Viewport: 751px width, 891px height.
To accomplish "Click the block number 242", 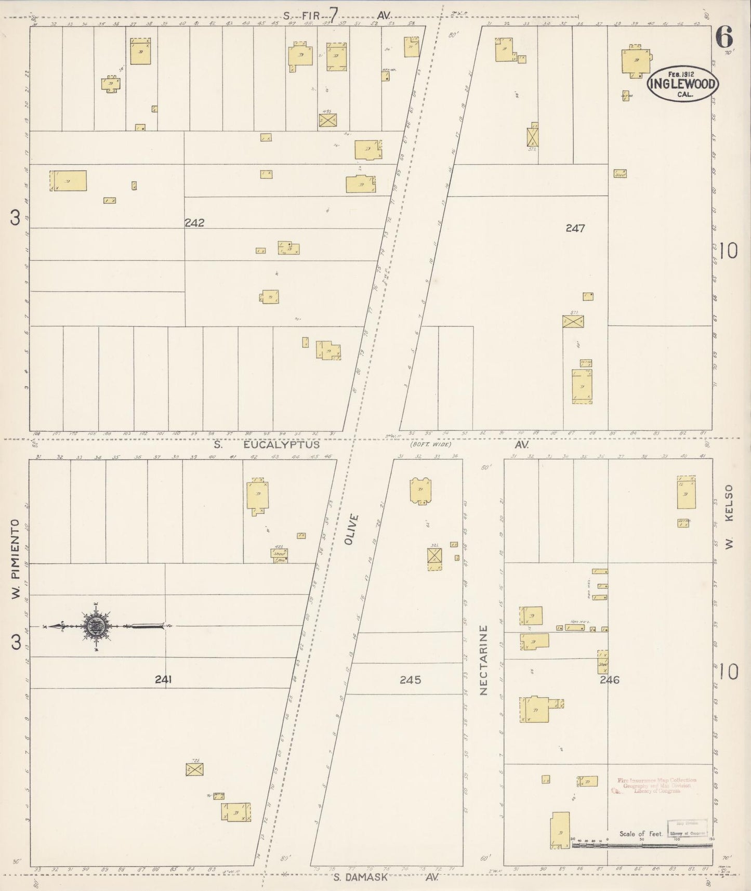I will coord(194,223).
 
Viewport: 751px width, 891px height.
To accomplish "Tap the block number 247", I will coord(575,228).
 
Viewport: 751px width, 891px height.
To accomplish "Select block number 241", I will coord(163,679).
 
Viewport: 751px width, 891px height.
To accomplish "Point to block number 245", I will coord(410,679).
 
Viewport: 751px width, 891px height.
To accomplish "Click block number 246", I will coord(609,679).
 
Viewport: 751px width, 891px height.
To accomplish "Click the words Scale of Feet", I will coord(641,834).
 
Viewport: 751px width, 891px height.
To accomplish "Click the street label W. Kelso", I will coord(729,517).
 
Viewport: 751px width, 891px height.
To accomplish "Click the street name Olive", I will coord(353,529).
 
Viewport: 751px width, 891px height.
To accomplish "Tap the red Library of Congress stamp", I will coord(656,785).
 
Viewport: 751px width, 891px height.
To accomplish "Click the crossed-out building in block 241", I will coord(194,770).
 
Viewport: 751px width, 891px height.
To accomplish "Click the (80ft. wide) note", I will coord(430,445).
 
